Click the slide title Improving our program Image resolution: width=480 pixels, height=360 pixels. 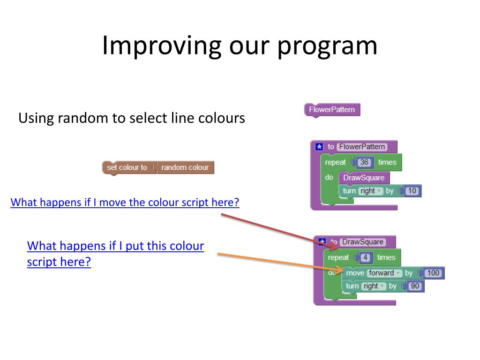(240, 45)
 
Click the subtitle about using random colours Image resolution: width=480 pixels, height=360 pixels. (132, 118)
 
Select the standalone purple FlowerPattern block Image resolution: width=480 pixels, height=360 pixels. (332, 110)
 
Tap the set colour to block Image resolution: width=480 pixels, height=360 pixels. (127, 167)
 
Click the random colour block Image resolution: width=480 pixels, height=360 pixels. (185, 167)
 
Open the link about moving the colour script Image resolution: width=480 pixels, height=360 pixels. (125, 202)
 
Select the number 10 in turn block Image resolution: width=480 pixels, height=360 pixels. (412, 191)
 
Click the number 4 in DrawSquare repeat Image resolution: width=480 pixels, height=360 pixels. (365, 257)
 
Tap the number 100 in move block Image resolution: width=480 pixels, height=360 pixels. (434, 273)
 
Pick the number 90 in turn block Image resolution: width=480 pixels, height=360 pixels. (415, 286)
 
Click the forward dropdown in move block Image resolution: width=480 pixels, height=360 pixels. (385, 273)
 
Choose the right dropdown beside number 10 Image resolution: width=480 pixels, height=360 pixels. (371, 191)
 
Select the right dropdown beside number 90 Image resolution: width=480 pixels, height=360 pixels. (374, 286)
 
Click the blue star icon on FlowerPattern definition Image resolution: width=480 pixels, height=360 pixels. (320, 147)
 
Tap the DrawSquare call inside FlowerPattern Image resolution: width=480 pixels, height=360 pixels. (364, 178)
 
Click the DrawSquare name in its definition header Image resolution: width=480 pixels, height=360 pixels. (362, 242)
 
